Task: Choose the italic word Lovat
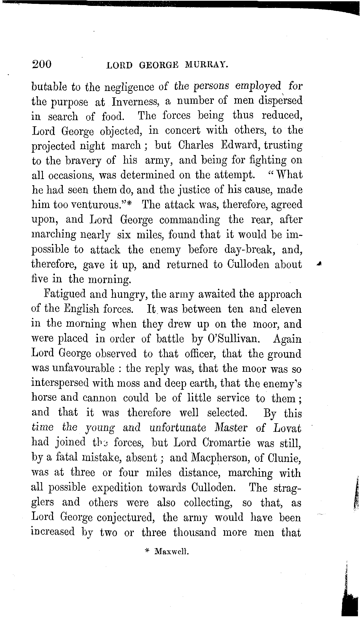point(287,428)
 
